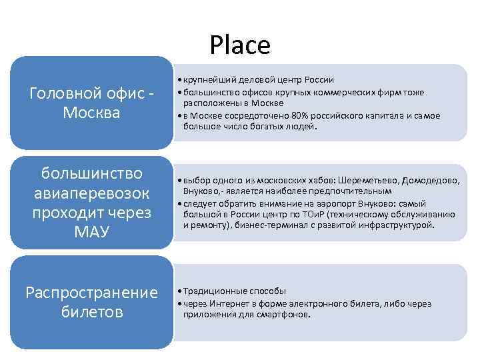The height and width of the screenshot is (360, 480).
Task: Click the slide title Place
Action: (x=240, y=45)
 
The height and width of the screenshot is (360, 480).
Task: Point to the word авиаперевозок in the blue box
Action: (x=92, y=193)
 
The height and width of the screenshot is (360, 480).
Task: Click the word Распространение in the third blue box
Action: (x=91, y=293)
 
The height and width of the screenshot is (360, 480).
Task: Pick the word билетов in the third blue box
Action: (x=92, y=312)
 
